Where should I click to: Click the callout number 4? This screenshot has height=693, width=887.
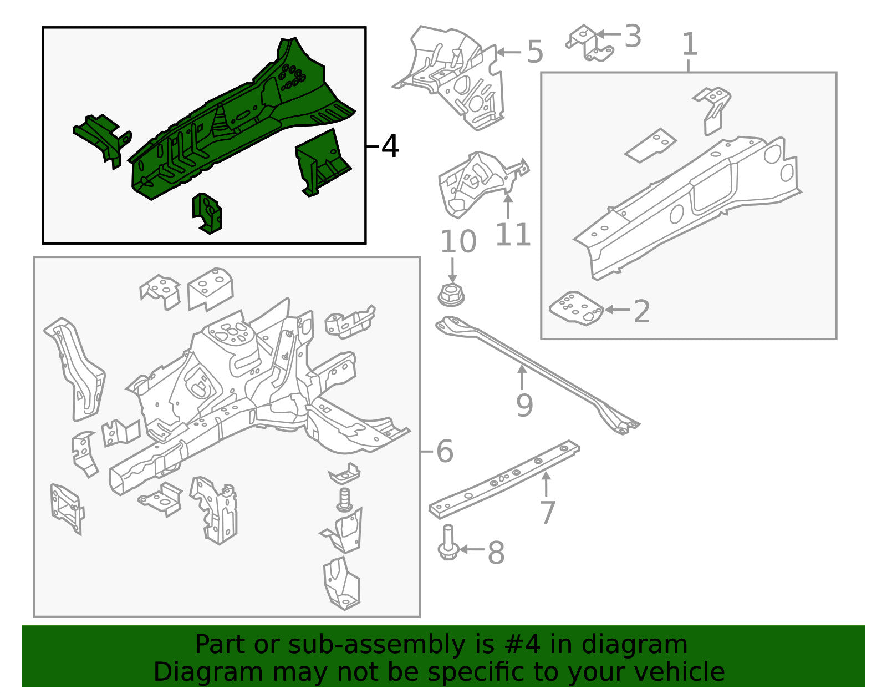390,147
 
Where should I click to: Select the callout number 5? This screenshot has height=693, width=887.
534,53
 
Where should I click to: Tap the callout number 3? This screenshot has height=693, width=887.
633,37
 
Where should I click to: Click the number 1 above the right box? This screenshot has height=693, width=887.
689,45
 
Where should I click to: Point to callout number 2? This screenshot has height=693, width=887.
641,311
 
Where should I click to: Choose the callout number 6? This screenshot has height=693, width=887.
445,451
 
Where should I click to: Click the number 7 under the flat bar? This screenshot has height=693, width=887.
547,512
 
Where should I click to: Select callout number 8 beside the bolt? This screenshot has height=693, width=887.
496,553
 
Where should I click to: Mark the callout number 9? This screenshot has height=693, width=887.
524,405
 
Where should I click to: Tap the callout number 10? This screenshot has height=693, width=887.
458,242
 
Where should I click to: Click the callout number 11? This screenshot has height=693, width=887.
513,235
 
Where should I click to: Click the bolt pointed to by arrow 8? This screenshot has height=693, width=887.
448,544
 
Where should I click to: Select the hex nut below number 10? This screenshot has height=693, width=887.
452,294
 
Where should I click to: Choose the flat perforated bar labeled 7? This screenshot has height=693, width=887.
504,480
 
